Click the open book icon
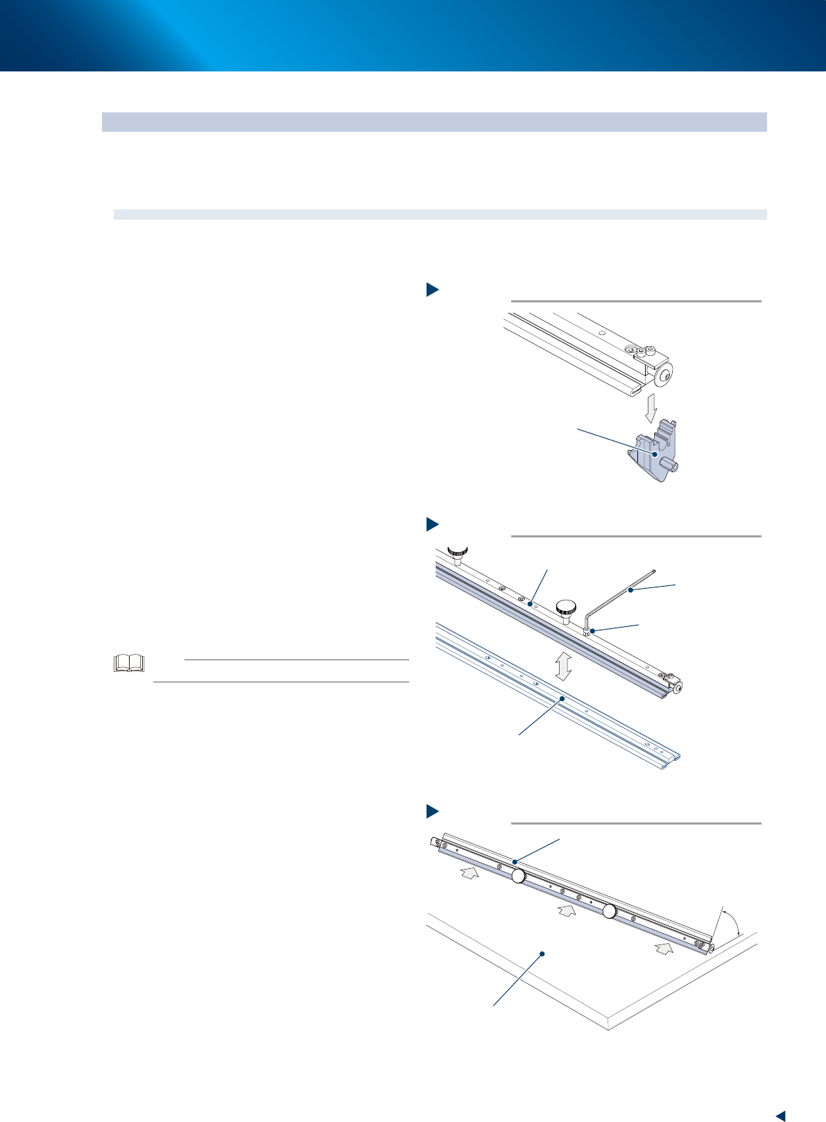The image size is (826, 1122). tap(129, 663)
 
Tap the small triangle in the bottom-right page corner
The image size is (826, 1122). tap(780, 1116)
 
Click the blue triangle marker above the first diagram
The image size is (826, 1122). tap(432, 290)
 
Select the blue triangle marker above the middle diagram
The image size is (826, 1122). tap(432, 524)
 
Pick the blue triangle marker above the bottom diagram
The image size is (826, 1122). tap(432, 811)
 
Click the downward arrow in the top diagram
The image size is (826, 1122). tap(650, 408)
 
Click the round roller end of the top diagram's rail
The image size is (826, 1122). tap(664, 377)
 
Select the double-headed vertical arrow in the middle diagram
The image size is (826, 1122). tap(564, 666)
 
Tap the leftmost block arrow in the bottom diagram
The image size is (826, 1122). tap(469, 875)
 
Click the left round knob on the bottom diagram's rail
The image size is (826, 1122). tap(517, 877)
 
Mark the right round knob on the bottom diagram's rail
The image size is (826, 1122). tap(609, 911)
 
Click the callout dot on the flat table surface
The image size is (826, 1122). tap(543, 954)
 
